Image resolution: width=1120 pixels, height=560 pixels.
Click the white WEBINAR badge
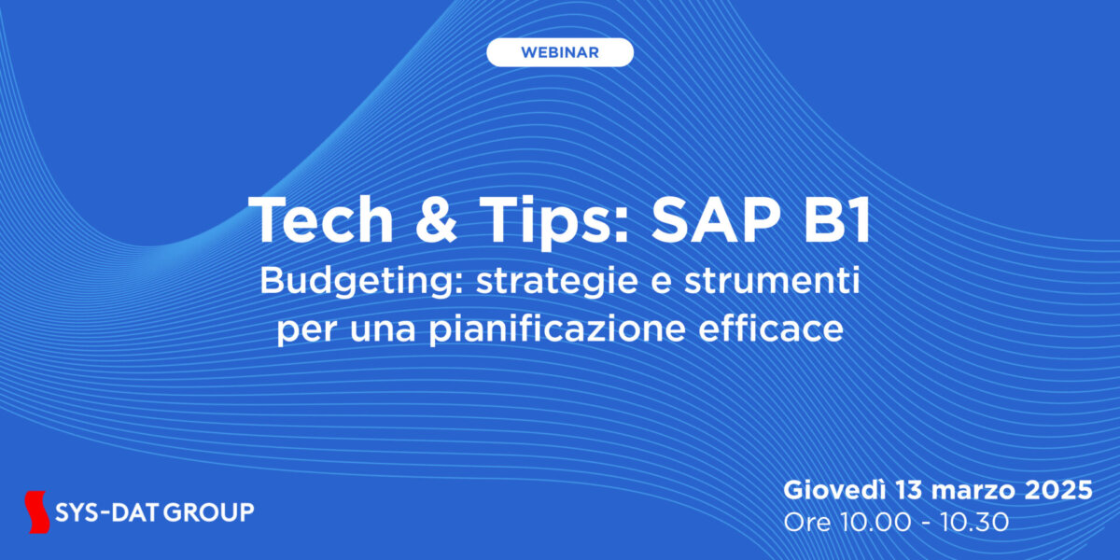[559, 52]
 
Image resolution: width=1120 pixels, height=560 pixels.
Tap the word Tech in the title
[321, 220]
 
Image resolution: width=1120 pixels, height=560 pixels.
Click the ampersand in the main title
[436, 220]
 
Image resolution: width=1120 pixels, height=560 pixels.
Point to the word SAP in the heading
[717, 220]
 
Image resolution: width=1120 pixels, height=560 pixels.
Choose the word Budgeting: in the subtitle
[363, 283]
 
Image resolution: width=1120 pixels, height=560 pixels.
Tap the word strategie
[557, 283]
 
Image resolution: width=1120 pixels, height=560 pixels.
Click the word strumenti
[772, 281]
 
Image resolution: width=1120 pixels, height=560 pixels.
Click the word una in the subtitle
[383, 331]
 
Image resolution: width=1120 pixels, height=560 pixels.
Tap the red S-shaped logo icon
[37, 512]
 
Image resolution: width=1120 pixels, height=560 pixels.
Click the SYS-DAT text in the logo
[106, 512]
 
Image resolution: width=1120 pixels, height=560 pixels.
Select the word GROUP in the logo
[208, 512]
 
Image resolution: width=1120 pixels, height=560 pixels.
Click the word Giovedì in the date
[834, 490]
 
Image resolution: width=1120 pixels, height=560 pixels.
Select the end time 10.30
[974, 523]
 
